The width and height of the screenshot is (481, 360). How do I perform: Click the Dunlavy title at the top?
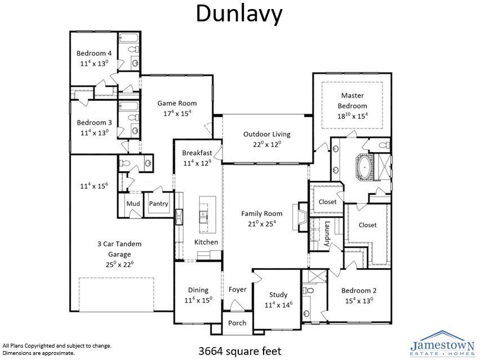pos(239,15)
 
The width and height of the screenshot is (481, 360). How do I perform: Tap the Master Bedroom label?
pos(352,100)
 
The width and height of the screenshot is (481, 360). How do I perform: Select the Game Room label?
pos(177,103)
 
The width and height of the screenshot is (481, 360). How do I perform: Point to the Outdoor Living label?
pos(266,134)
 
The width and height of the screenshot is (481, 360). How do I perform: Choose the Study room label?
pos(278,295)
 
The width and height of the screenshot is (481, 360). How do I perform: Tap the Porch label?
pos(237,323)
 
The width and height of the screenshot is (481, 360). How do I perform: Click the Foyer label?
pos(237,290)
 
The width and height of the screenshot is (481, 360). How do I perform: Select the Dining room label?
pos(198,290)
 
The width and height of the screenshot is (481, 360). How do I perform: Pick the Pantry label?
pos(159,203)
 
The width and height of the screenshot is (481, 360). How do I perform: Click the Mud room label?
pos(133,203)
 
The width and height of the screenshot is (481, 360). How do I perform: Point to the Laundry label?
pos(327,233)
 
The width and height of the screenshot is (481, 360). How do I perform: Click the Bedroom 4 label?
pos(94,54)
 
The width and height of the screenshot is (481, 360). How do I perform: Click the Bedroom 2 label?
pos(359,291)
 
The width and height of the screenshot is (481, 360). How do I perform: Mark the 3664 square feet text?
pos(239,350)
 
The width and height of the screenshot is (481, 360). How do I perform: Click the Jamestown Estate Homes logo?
pos(442,343)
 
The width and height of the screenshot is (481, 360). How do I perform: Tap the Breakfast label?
pos(197,153)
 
